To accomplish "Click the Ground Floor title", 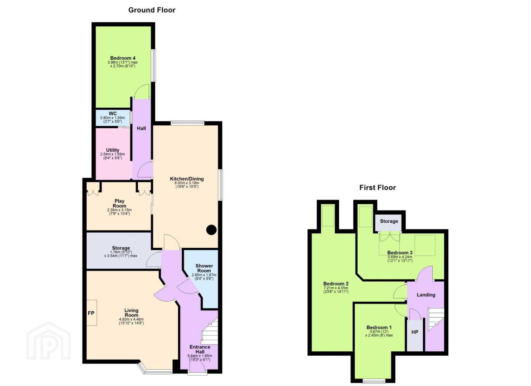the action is [152, 10].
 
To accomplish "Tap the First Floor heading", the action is [377, 188].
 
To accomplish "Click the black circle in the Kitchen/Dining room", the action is [211, 229].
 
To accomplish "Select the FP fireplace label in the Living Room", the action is [91, 313].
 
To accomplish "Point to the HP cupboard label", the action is [414, 332].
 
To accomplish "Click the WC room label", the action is [113, 114].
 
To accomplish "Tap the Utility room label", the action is [113, 150].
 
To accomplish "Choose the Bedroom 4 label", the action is [123, 58].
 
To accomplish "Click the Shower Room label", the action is [204, 268].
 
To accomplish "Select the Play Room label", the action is [119, 203].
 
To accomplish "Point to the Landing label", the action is [426, 295].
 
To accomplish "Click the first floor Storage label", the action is [389, 221].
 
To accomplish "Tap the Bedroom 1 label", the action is [379, 327].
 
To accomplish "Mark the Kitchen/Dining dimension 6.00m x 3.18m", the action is [187, 183].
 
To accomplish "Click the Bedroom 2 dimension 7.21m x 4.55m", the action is [336, 288].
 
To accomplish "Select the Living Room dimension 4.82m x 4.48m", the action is [131, 320].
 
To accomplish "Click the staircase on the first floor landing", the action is [436, 319].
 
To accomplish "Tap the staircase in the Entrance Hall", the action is [210, 331].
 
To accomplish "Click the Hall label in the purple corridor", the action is [141, 128].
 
